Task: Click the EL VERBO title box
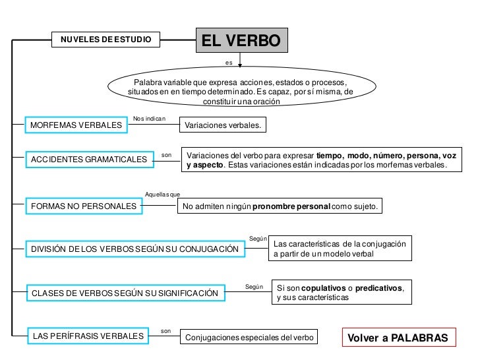pyautogui.click(x=241, y=41)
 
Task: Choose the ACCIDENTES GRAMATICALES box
pyautogui.click(x=90, y=160)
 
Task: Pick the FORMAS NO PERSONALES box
pyautogui.click(x=84, y=206)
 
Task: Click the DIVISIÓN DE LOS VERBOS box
pyautogui.click(x=135, y=249)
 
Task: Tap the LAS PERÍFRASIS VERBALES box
pyautogui.click(x=88, y=336)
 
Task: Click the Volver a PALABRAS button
pyautogui.click(x=398, y=338)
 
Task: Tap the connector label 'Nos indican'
pyautogui.click(x=149, y=118)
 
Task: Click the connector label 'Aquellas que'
pyautogui.click(x=162, y=194)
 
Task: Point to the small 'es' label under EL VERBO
pyautogui.click(x=229, y=63)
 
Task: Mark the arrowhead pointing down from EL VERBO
pyautogui.click(x=241, y=66)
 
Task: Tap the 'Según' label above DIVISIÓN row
pyautogui.click(x=258, y=237)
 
